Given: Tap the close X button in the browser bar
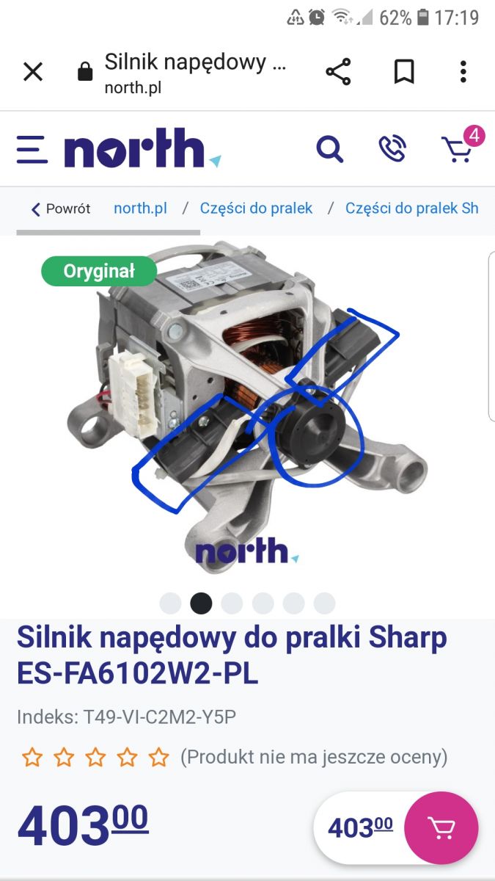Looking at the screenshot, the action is (33, 72).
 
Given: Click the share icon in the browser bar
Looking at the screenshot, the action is (338, 72).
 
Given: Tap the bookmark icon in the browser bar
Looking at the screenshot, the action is (404, 72).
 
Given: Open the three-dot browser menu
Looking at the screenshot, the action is (463, 72).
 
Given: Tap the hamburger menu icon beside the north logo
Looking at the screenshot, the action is (32, 150).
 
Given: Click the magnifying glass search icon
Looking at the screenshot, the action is (330, 149).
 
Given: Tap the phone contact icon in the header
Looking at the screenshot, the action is (392, 148).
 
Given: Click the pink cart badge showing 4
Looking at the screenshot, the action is (474, 136).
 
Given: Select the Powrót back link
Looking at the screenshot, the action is (61, 209).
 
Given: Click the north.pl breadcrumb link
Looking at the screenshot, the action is (140, 208).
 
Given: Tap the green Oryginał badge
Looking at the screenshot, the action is (99, 271).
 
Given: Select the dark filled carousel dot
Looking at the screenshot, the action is (201, 603).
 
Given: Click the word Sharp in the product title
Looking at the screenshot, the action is (408, 638).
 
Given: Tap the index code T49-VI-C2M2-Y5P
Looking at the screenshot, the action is (160, 717).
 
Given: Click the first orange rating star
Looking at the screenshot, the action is (32, 757).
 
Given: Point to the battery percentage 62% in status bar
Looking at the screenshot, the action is (395, 18).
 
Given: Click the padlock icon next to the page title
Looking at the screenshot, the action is (85, 71).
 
